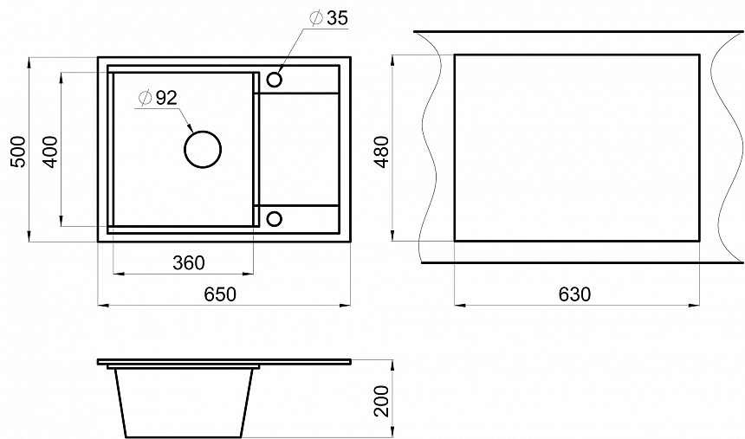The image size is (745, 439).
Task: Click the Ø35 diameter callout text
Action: (x=328, y=18)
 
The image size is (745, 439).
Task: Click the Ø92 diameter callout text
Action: (x=158, y=98)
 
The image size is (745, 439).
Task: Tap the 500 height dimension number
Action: (x=19, y=152)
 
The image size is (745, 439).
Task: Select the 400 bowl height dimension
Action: (x=49, y=152)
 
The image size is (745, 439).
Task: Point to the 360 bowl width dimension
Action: (x=189, y=262)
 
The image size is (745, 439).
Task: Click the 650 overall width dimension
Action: (x=220, y=294)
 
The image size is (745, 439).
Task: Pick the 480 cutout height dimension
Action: (x=381, y=152)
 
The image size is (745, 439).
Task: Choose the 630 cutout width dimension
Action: (x=574, y=294)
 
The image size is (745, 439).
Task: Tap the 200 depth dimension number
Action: (x=381, y=401)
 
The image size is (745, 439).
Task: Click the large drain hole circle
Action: (x=203, y=149)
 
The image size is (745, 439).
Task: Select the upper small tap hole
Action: (x=274, y=80)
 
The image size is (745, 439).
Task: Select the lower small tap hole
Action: (x=274, y=218)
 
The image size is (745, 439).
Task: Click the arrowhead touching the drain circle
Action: (x=190, y=127)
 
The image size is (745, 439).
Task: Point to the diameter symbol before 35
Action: (x=316, y=18)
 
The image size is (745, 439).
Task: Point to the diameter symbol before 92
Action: (x=145, y=98)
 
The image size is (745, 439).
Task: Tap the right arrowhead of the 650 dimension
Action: (x=346, y=305)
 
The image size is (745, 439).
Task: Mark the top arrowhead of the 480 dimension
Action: (x=392, y=61)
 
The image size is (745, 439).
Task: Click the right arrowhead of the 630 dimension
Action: (x=694, y=305)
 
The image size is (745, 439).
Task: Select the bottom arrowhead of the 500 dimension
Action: (x=29, y=236)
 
